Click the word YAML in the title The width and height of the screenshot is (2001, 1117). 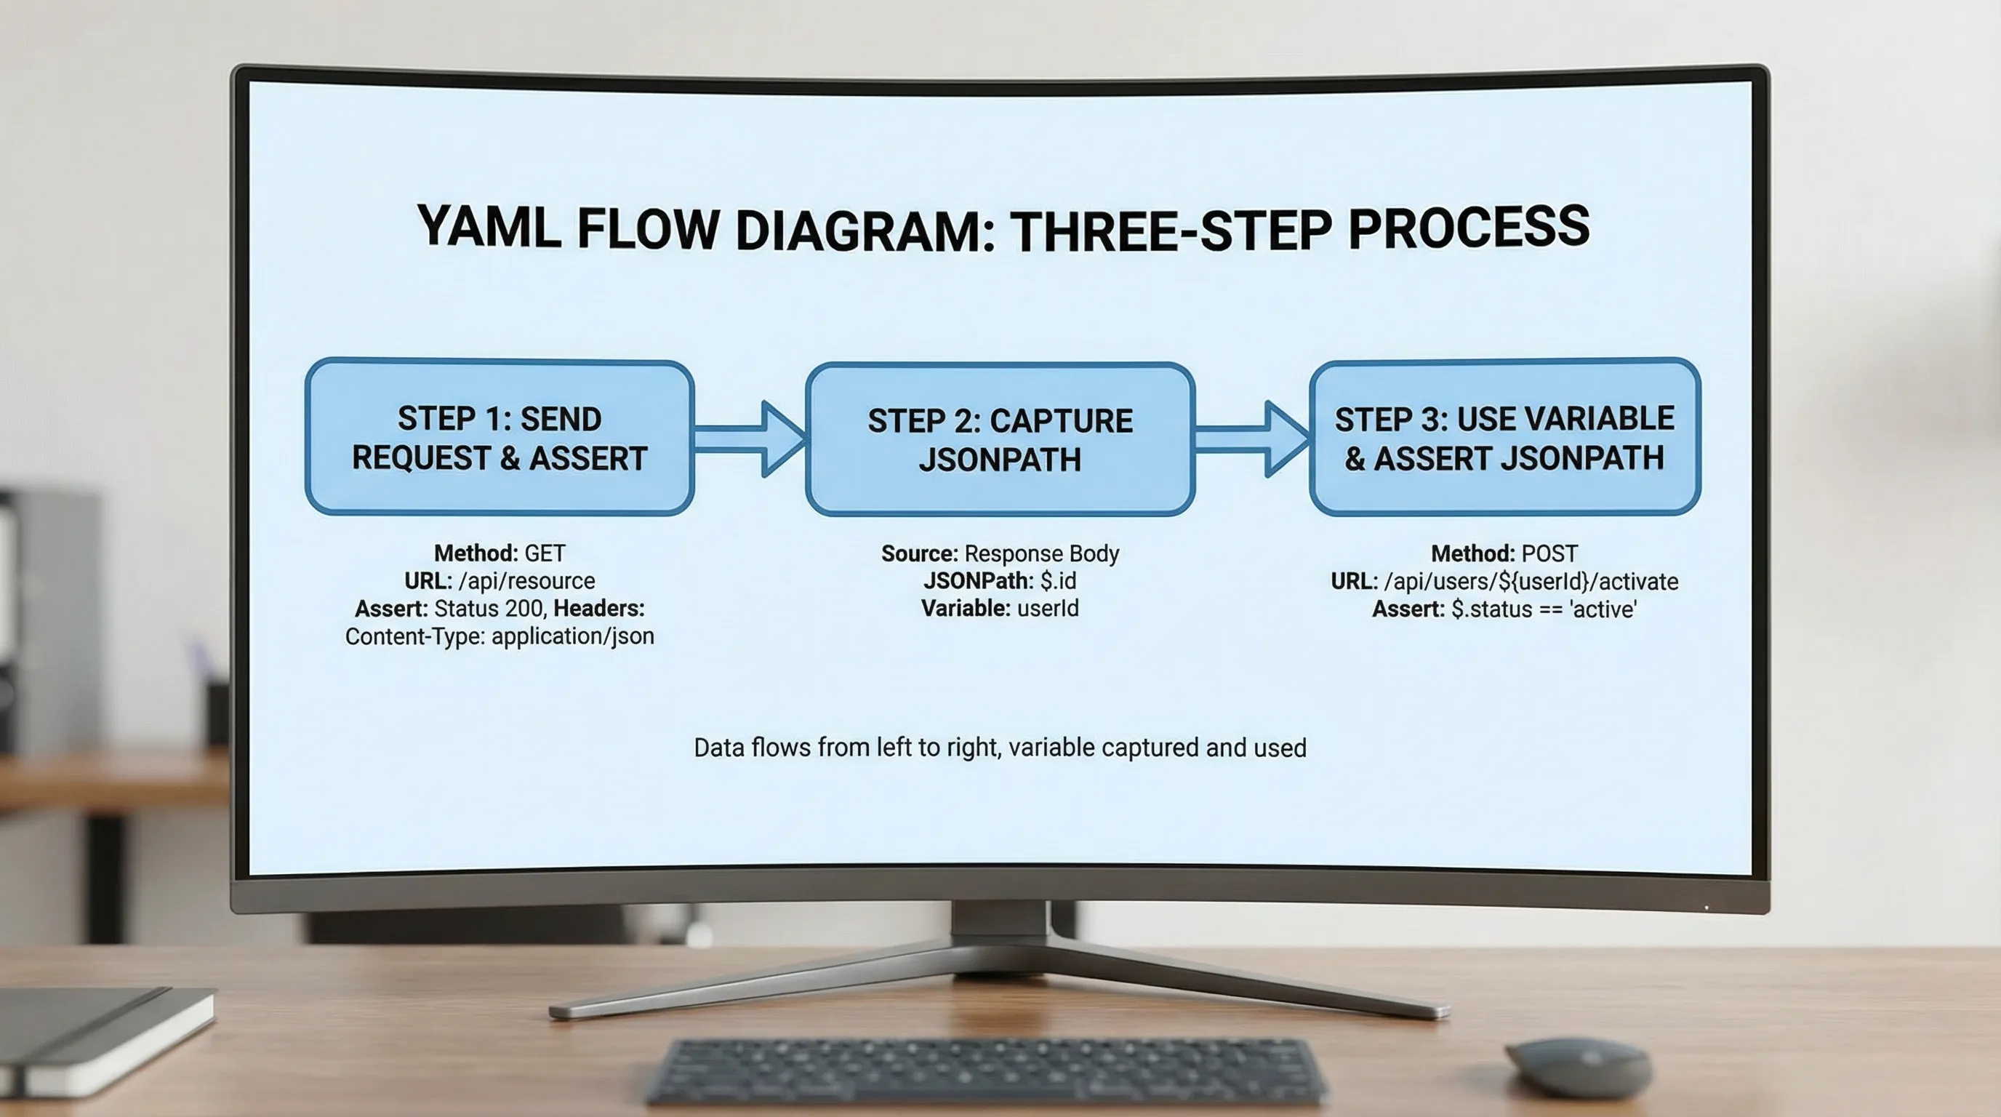[x=488, y=228]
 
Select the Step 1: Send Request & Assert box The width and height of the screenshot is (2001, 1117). [x=500, y=437]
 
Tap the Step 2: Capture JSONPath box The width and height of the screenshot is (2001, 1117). [x=1000, y=440]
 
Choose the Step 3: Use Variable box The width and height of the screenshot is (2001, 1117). [x=1504, y=437]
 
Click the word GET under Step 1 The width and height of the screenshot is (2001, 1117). [x=545, y=553]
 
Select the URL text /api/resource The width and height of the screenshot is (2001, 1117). [x=526, y=581]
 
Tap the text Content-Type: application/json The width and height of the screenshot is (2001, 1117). [x=500, y=636]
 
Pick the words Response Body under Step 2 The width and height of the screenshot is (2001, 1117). [x=1041, y=554]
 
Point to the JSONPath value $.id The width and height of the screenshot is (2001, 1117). [x=1058, y=581]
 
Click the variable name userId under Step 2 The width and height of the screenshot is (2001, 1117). [x=1048, y=608]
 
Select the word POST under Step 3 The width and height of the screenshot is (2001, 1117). [x=1549, y=554]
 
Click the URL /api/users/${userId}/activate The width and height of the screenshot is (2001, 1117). [x=1531, y=582]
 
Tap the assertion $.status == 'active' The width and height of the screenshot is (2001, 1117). [x=1544, y=609]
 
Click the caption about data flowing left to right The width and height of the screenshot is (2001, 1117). [x=1000, y=748]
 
